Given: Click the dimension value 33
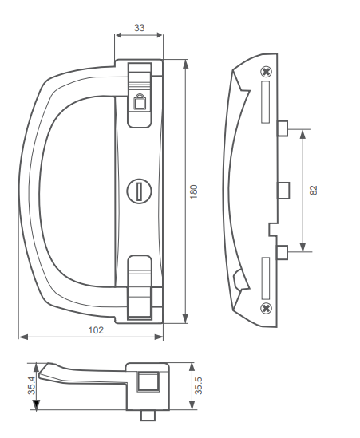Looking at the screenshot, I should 139,28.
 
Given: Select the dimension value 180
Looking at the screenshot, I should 194,191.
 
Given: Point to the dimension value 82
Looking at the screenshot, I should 313,190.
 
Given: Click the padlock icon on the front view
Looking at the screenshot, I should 139,101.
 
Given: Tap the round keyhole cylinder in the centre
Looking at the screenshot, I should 139,190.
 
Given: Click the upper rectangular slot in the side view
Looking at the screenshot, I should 267,103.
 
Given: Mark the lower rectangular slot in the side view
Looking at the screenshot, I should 267,275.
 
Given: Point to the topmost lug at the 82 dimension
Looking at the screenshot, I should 282,128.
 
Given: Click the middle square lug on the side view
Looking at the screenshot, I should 283,190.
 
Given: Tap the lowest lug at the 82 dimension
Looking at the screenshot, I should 282,252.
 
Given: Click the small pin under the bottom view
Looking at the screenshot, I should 146,415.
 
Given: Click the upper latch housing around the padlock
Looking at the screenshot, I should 140,92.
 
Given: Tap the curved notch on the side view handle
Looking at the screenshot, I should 239,279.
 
